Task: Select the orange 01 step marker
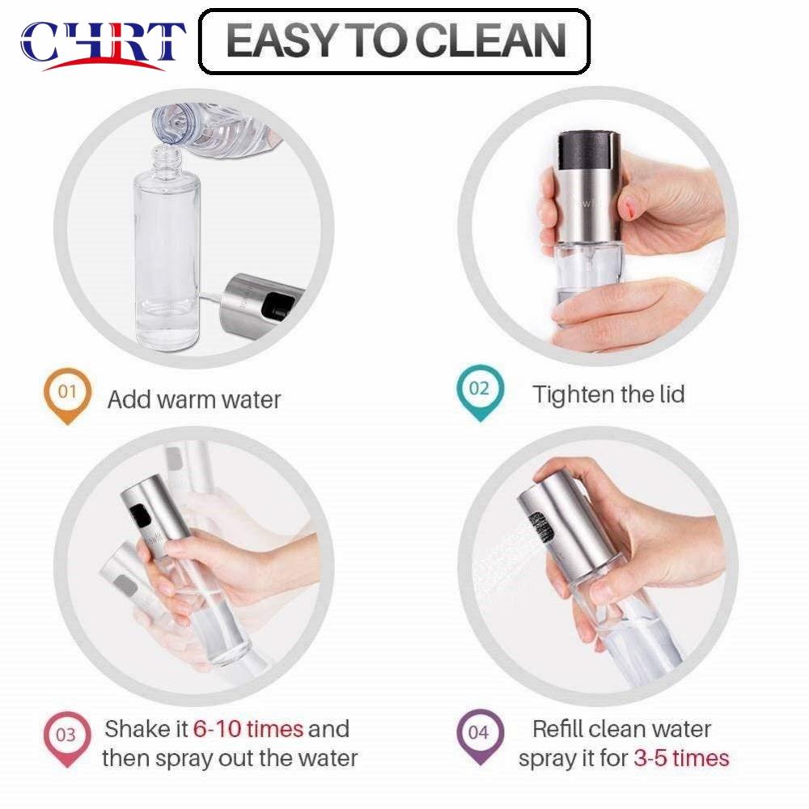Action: tap(68, 394)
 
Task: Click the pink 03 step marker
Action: tap(66, 737)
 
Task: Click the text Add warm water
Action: tap(194, 399)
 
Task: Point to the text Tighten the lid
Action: tap(608, 395)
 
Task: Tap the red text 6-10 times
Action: tap(248, 729)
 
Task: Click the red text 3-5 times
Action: tap(681, 759)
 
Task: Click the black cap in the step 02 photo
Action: tap(589, 147)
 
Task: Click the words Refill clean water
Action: tap(621, 729)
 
